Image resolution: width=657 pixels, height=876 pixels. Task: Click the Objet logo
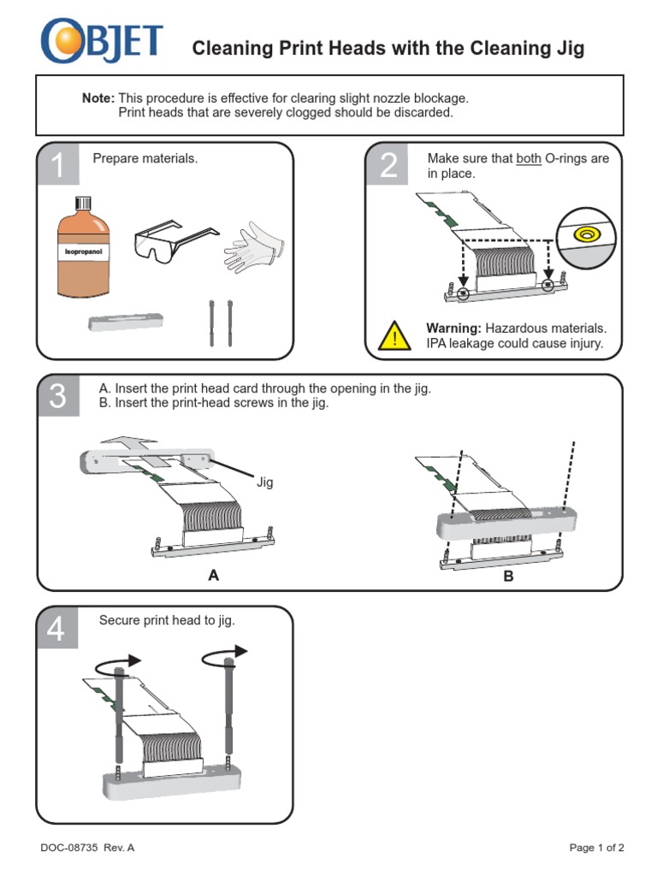[x=101, y=43]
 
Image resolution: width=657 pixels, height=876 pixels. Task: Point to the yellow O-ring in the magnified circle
[x=587, y=233]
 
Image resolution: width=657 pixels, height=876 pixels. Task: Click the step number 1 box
[x=57, y=166]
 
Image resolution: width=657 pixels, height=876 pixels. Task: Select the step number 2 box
[x=388, y=166]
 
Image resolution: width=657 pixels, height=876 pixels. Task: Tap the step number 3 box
[x=57, y=397]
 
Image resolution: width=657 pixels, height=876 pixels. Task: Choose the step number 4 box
[x=57, y=629]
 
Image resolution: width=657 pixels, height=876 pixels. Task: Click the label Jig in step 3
[x=264, y=482]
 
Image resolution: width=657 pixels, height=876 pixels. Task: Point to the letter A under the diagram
[x=213, y=576]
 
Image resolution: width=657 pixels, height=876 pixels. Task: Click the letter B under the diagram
[x=508, y=577]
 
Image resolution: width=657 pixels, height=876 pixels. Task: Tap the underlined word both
[x=529, y=158]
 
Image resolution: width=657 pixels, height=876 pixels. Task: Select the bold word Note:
[x=98, y=98]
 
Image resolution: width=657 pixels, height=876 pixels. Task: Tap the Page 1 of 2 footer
[x=596, y=848]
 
